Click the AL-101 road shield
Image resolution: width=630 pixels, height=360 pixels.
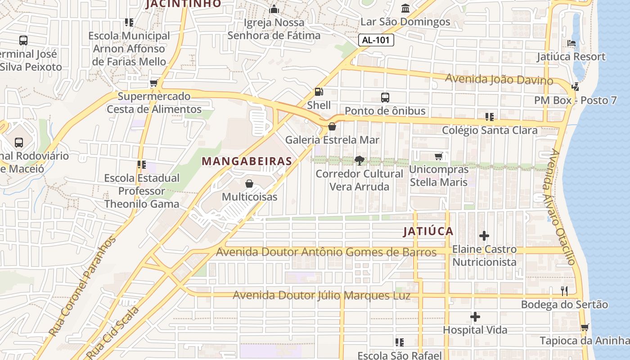[x=376, y=40]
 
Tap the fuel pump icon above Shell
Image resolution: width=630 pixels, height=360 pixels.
[x=319, y=92]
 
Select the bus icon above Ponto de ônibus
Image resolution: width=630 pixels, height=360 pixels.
[x=385, y=97]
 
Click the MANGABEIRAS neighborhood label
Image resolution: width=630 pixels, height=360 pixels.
[x=247, y=161]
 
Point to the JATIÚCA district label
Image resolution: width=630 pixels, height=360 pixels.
[x=428, y=231]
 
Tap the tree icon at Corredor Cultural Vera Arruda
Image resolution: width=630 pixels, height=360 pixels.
[x=359, y=160]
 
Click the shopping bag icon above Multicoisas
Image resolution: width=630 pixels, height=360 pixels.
[x=249, y=184]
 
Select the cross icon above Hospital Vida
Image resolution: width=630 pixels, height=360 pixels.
[x=475, y=317]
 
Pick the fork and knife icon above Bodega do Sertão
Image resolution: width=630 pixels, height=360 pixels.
[x=565, y=291]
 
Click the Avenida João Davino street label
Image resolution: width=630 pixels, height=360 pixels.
[x=499, y=80]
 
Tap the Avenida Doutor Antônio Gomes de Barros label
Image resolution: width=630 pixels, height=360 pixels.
[x=326, y=252]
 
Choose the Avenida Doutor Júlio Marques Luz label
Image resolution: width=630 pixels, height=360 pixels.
[x=322, y=296]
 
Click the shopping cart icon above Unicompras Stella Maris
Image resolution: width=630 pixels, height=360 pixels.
[x=439, y=156]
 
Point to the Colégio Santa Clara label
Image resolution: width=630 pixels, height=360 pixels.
[x=490, y=130]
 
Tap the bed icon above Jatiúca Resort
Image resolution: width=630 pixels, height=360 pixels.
[x=571, y=43]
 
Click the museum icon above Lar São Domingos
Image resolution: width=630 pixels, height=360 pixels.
[x=405, y=9]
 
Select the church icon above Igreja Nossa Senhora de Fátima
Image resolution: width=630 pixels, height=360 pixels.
[x=274, y=9]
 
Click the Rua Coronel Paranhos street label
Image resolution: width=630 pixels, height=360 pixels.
[x=82, y=287]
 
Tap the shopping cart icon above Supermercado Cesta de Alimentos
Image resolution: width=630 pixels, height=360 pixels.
[x=154, y=83]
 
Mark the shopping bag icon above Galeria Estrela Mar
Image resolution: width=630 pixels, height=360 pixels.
[x=332, y=126]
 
